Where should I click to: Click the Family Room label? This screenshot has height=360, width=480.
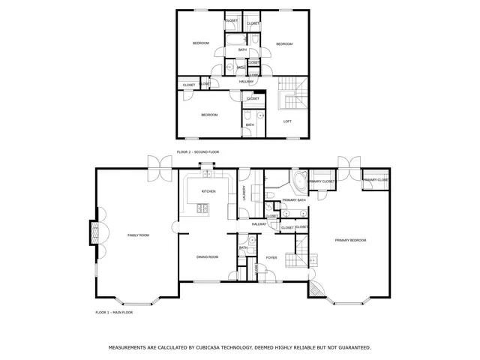(138, 235)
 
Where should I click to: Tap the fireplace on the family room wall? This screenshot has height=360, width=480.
(94, 232)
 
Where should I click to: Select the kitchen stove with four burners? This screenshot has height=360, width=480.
(202, 208)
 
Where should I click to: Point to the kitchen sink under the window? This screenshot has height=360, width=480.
(205, 174)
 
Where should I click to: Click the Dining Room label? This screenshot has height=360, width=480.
(207, 257)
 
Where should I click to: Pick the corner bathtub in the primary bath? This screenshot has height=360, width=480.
(298, 181)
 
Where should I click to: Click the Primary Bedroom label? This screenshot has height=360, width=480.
(350, 240)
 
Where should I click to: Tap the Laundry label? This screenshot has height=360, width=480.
(244, 193)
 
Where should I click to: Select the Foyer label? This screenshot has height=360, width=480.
(271, 257)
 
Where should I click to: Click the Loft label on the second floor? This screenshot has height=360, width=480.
(287, 121)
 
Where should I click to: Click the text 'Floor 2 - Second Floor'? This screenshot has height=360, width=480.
(198, 152)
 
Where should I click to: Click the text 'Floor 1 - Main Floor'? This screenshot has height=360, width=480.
(114, 311)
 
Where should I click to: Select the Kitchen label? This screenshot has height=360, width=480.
(208, 191)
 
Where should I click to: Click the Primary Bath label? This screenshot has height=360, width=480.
(294, 200)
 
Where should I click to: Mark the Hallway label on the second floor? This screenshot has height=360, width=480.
(247, 81)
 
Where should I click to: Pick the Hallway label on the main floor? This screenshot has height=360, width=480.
(259, 224)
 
